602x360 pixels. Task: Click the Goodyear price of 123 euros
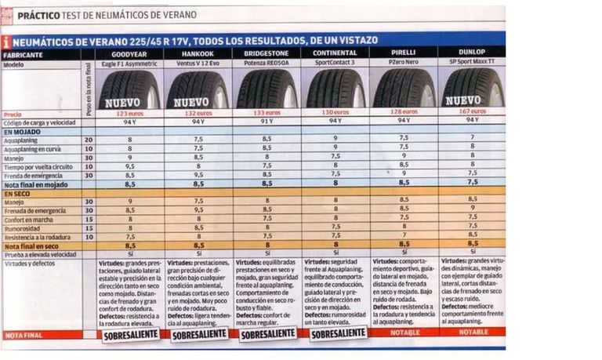(x=129, y=113)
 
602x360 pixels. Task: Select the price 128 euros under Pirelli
(x=404, y=112)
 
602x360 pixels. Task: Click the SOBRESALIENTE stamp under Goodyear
(x=130, y=335)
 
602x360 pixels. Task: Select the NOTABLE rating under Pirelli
(x=404, y=332)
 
